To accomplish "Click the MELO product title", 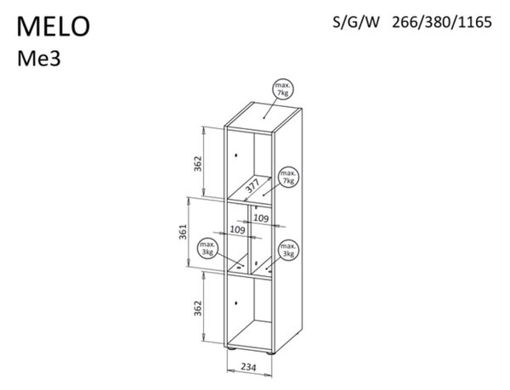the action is click(x=54, y=26).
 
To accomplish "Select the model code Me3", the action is click(x=39, y=59).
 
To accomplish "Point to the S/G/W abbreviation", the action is click(x=356, y=22).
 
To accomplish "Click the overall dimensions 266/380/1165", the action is click(x=442, y=22).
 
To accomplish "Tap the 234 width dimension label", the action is click(x=248, y=367).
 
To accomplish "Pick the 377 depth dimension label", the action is click(x=252, y=187).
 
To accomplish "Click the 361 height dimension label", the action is click(x=184, y=232).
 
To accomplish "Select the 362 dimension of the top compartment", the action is click(x=198, y=163).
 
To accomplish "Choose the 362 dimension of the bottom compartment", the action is click(x=198, y=308).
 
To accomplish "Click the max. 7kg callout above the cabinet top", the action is click(x=283, y=89).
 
